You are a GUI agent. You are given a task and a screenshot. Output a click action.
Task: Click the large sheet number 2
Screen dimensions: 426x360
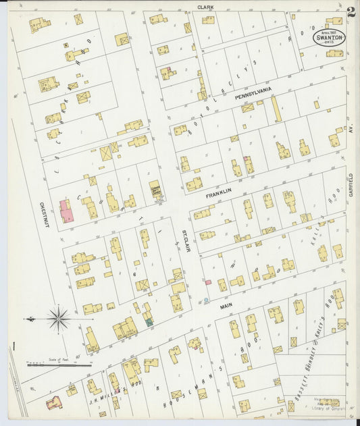(x=351, y=12)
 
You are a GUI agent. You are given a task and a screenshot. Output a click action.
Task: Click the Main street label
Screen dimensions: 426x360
(x=226, y=306)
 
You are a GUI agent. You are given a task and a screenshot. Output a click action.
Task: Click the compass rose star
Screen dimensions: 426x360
(x=59, y=318)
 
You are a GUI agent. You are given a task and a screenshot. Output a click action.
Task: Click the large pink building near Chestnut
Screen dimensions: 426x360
(x=66, y=210)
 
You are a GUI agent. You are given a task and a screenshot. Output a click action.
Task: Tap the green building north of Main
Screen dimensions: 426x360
(x=148, y=322)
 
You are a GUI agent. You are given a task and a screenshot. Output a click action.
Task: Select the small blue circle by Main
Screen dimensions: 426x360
(x=206, y=299)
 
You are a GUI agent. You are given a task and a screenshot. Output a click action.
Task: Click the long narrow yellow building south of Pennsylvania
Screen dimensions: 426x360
(x=276, y=109)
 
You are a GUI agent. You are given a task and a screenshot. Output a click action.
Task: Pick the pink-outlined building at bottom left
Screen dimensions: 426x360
(x=53, y=403)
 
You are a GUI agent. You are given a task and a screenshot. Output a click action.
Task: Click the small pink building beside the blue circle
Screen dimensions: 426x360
(x=208, y=282)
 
